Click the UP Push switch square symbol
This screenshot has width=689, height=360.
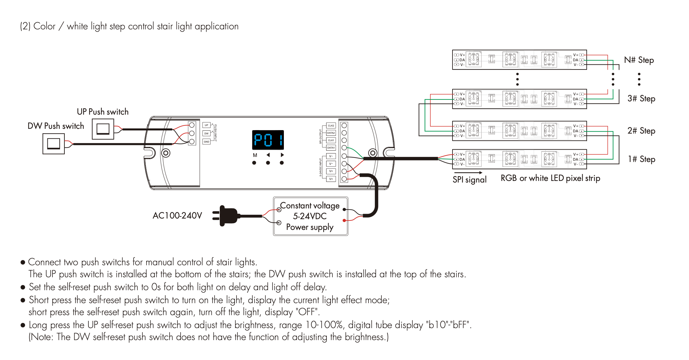[x=103, y=129]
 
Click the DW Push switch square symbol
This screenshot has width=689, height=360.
[x=54, y=144]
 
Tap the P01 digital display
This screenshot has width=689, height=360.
[x=268, y=140]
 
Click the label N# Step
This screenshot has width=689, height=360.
[x=639, y=60]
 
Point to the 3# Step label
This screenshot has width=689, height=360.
[x=641, y=99]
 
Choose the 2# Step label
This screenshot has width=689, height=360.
[x=641, y=131]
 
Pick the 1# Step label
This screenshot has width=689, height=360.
[x=641, y=159]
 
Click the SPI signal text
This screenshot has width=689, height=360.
[x=470, y=180]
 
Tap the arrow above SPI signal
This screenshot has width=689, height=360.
[x=468, y=173]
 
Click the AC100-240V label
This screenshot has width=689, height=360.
[x=177, y=216]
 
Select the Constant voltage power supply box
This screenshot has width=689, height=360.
[x=310, y=216]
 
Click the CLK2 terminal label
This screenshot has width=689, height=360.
[x=331, y=126]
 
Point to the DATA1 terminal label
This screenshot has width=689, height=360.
[x=331, y=148]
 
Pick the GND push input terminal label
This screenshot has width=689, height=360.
[x=207, y=142]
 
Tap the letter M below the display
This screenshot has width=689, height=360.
[x=255, y=155]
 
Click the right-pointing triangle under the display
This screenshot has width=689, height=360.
[x=282, y=155]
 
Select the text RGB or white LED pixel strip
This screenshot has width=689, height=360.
[x=550, y=178]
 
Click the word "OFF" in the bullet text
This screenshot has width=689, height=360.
[x=307, y=312]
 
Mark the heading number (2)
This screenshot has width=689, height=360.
[x=25, y=26]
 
